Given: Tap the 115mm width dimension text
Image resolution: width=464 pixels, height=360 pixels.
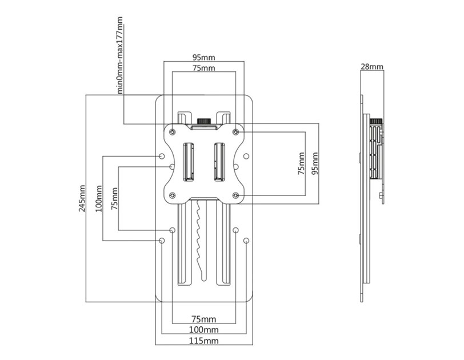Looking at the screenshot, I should pos(203,341).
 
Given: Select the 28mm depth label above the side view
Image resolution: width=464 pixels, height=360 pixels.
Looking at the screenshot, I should pos(371,66).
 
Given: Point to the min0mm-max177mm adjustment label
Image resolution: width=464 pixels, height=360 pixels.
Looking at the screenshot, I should pos(121,55).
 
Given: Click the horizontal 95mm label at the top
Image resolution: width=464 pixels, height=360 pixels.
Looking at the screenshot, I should pos(203,57).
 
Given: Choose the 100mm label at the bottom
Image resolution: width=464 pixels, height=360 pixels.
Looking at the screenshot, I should pos(203,330).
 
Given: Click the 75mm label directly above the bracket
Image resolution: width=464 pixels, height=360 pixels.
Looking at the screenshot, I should pos(203,68).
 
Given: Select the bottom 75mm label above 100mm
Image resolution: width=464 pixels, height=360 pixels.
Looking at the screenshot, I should pos(203,319).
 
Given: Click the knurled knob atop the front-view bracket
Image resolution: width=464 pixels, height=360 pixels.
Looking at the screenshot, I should pos(203,121).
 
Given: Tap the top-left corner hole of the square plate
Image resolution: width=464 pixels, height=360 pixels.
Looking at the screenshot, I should pos(172,131).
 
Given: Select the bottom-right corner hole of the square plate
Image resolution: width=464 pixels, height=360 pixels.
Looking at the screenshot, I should pos(236,195).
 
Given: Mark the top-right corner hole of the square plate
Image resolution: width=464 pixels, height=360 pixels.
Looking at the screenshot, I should pos(236,131).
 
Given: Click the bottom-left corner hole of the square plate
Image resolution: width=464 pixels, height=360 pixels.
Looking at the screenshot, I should pos(172,195).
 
